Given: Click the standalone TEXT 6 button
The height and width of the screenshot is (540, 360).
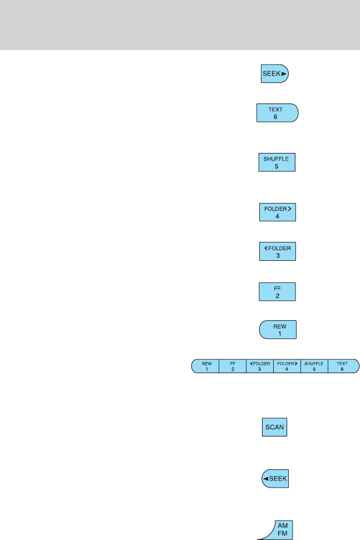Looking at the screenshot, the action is pos(277,112).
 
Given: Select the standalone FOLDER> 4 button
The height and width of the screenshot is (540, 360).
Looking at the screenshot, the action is pos(276,212).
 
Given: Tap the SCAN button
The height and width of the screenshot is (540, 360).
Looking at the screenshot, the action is pos(275,428).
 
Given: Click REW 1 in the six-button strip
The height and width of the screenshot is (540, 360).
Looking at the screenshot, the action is pos(206,366).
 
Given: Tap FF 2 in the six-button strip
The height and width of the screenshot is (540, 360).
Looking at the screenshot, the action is pos(233,366).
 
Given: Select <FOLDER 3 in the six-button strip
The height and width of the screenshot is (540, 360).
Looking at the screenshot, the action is pos(260,366).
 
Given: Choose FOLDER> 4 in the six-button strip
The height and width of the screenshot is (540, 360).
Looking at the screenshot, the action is pos(287,366).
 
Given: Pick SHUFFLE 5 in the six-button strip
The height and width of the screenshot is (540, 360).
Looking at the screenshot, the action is pos(314,366).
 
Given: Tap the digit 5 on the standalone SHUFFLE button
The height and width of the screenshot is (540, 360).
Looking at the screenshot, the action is pos(276,166).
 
